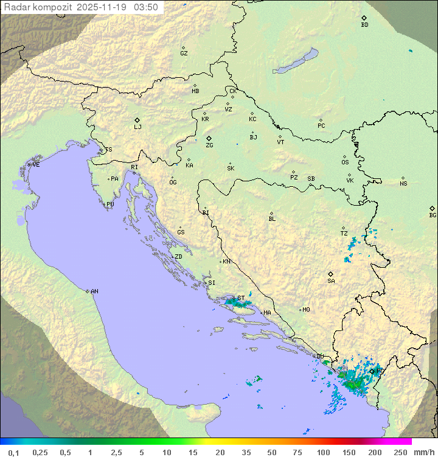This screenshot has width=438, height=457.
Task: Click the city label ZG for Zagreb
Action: pyautogui.click(x=209, y=145)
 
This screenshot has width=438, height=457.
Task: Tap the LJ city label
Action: pyautogui.click(x=137, y=127)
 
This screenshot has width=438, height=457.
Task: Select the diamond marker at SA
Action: pyautogui.click(x=331, y=274)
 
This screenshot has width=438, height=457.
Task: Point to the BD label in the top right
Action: pyautogui.click(x=364, y=25)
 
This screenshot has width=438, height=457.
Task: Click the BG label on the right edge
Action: pyautogui.click(x=433, y=215)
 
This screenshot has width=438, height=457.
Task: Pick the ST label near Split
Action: pyautogui.click(x=241, y=298)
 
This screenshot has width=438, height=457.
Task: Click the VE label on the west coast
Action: pyautogui.click(x=36, y=165)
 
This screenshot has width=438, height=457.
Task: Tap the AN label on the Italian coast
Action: pyautogui.click(x=94, y=291)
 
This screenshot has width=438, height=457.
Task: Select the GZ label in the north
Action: pyautogui.click(x=184, y=54)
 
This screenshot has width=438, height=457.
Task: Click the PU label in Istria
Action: pyautogui.click(x=110, y=204)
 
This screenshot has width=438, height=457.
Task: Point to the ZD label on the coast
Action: pyautogui.click(x=178, y=257)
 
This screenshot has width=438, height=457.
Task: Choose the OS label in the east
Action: pyautogui.click(x=345, y=162)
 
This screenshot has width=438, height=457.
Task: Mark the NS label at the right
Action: pyautogui.click(x=403, y=184)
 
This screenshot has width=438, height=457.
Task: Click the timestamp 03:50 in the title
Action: pyautogui.click(x=146, y=7)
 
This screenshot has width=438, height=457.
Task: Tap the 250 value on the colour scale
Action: pyautogui.click(x=400, y=452)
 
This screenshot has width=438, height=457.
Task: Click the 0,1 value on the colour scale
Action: pyautogui.click(x=13, y=452)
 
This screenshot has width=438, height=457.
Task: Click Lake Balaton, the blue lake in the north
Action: pyautogui.click(x=296, y=61)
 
